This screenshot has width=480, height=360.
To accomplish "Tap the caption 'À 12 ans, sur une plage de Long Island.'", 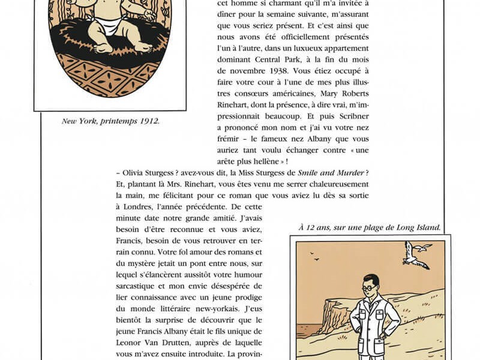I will coord(370,227).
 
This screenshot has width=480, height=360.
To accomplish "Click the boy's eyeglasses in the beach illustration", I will coord(368,287).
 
